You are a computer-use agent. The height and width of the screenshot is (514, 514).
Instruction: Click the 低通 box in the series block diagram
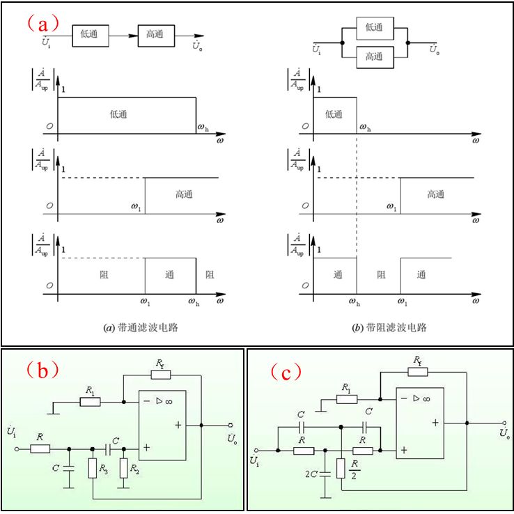[90, 36]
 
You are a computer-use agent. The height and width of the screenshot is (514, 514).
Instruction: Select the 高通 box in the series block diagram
[156, 36]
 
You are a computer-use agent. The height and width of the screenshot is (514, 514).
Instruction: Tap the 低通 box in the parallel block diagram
[375, 29]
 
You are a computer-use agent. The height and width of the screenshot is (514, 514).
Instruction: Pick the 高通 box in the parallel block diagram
[375, 57]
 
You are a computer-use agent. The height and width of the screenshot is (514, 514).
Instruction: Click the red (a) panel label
[43, 24]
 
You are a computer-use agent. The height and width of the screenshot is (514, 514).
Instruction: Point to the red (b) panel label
[42, 370]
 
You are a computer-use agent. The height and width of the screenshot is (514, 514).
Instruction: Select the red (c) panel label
[286, 372]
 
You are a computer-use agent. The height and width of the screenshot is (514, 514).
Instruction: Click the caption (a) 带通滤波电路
[141, 327]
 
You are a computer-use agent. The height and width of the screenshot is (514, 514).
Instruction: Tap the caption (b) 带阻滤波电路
[389, 327]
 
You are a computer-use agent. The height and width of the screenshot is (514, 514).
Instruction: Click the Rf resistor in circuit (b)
[161, 375]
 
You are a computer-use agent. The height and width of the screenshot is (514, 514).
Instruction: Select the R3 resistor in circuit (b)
[93, 468]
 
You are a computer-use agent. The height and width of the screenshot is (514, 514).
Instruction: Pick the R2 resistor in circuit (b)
[123, 468]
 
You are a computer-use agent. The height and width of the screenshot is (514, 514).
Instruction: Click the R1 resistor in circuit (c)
[347, 399]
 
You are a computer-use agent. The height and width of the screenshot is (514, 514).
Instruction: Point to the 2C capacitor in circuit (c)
[325, 474]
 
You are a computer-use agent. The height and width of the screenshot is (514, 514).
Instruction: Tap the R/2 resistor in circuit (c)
[341, 468]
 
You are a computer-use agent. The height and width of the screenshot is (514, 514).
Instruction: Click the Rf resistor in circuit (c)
[418, 372]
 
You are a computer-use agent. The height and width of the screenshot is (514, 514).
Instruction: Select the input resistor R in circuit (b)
[40, 449]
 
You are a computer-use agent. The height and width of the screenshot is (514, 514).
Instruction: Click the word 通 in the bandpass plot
[169, 274]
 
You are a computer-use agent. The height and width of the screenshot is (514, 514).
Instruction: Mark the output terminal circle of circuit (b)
[231, 425]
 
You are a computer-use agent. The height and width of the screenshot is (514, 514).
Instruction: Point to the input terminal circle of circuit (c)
[256, 451]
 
